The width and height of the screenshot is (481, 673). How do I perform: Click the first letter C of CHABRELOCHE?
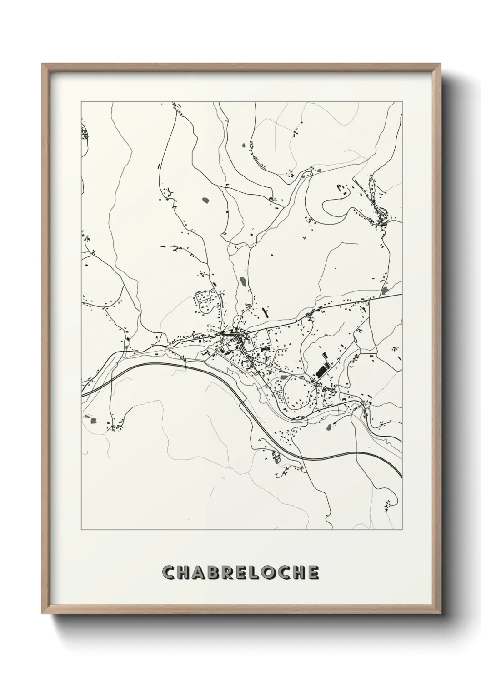pyautogui.click(x=168, y=573)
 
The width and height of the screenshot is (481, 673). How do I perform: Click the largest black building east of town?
pyautogui.click(x=322, y=371)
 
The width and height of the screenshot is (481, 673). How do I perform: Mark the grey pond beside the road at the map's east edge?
pyautogui.click(x=386, y=290)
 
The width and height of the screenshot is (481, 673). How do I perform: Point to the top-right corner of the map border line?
pyautogui.click(x=402, y=102)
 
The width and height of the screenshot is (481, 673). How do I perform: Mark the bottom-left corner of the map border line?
pyautogui.click(x=81, y=529)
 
